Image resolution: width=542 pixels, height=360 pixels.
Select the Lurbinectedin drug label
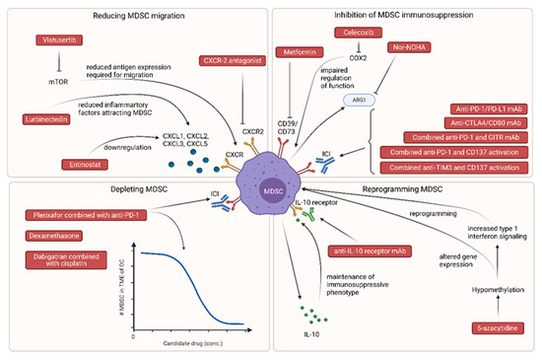(46, 119)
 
